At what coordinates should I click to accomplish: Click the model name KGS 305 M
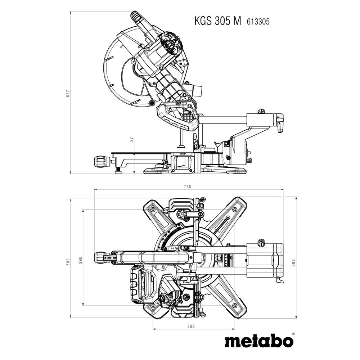217,21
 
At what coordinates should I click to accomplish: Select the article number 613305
258,22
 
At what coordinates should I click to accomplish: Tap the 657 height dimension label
67,93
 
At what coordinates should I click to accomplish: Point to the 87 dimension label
132,140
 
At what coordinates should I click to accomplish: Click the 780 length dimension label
188,186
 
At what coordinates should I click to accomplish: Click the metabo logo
257,341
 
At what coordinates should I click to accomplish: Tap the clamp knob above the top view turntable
181,215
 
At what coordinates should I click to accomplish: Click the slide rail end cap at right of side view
279,122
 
